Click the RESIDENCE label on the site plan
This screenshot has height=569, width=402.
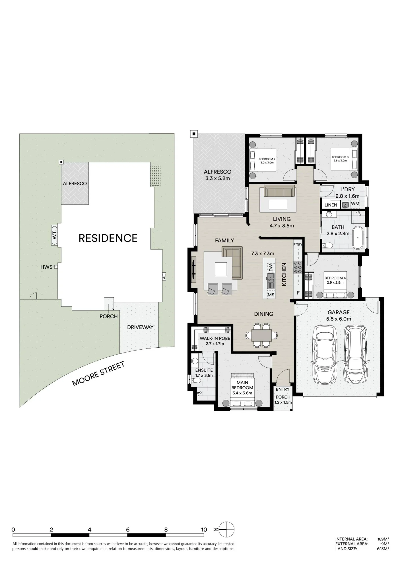pyautogui.click(x=108, y=238)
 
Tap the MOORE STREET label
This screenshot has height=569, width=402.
pyautogui.click(x=98, y=374)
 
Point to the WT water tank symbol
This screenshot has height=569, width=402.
pyautogui.click(x=55, y=235)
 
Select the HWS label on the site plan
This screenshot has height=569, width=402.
pyautogui.click(x=46, y=267)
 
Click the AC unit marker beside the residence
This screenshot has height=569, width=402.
pyautogui.click(x=164, y=276)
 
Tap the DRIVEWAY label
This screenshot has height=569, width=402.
pyautogui.click(x=140, y=327)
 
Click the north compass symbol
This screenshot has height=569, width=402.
pyautogui.click(x=226, y=529)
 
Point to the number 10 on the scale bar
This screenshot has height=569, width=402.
pyautogui.click(x=204, y=530)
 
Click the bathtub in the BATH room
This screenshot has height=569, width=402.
pyautogui.click(x=358, y=238)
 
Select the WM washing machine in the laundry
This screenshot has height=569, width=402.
pyautogui.click(x=355, y=204)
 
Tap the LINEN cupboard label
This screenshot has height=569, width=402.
pyautogui.click(x=331, y=205)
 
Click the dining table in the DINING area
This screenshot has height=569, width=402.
pyautogui.click(x=261, y=335)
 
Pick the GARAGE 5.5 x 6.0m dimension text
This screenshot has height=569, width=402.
pyautogui.click(x=339, y=319)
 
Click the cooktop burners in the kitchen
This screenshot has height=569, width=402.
pyautogui.click(x=298, y=267)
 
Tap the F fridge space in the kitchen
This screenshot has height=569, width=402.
pyautogui.click(x=298, y=293)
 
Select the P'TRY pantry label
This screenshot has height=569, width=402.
pyautogui.click(x=298, y=244)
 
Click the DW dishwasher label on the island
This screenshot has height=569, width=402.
pyautogui.click(x=271, y=267)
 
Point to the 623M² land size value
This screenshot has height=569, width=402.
pyautogui.click(x=383, y=549)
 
